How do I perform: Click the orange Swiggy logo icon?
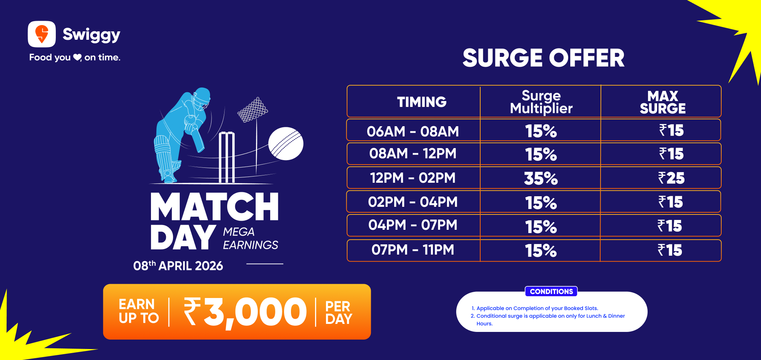(42, 34)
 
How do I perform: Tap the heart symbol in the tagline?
(77, 57)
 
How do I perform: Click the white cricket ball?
(286, 144)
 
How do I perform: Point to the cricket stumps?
(226, 157)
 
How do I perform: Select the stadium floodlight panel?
(253, 109)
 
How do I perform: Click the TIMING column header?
(422, 102)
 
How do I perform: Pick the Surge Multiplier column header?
(541, 102)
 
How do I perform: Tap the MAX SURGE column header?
(663, 102)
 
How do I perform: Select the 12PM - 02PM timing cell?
(413, 178)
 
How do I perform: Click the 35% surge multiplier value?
(541, 178)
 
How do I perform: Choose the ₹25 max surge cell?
(671, 178)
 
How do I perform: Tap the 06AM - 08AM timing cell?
(413, 131)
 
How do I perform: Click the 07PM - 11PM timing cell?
(413, 250)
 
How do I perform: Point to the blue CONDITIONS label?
(551, 291)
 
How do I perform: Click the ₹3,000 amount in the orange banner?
(245, 312)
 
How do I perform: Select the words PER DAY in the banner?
(338, 313)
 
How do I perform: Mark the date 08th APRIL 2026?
(178, 266)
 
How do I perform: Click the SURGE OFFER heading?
(543, 58)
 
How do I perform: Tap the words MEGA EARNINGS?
(251, 239)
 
